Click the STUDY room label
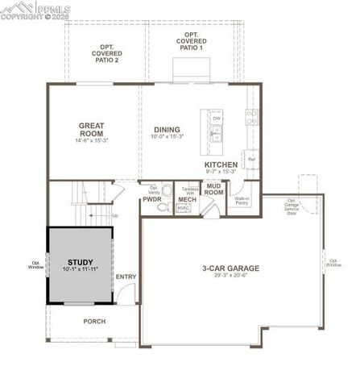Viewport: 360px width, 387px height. tap(80, 262)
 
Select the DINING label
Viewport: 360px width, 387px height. tap(168, 130)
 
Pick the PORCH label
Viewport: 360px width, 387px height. tap(94, 320)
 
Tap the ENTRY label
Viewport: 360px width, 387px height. tap(126, 277)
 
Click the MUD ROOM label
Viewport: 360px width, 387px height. tap(213, 190)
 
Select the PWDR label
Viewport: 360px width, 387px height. tap(152, 198)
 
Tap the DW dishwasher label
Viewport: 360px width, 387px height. tap(216, 118)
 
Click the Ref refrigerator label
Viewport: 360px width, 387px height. tap(251, 159)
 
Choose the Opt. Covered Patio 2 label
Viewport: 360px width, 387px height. tap(106, 53)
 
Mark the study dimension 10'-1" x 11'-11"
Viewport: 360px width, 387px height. tap(80, 270)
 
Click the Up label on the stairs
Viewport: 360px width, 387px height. tap(115, 215)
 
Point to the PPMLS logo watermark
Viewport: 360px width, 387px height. tap(36, 10)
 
